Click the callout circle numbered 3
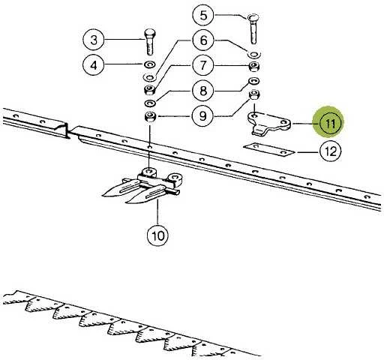pyautogui.click(x=94, y=40)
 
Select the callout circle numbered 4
pyautogui.click(x=93, y=65)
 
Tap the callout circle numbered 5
pyautogui.click(x=203, y=15)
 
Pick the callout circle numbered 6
pyautogui.click(x=203, y=40)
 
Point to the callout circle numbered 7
pyautogui.click(x=203, y=65)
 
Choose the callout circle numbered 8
pyautogui.click(x=203, y=91)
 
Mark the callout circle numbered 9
pyautogui.click(x=202, y=116)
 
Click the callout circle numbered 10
pyautogui.click(x=157, y=235)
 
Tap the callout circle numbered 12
pyautogui.click(x=331, y=151)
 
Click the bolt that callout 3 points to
pyautogui.click(x=150, y=42)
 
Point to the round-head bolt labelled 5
pyautogui.click(x=253, y=29)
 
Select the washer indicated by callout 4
pyautogui.click(x=150, y=64)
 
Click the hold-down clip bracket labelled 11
pyautogui.click(x=269, y=124)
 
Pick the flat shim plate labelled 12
pyautogui.click(x=269, y=149)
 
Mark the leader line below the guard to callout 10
pyautogui.click(x=157, y=212)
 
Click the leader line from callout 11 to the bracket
pyautogui.click(x=302, y=124)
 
